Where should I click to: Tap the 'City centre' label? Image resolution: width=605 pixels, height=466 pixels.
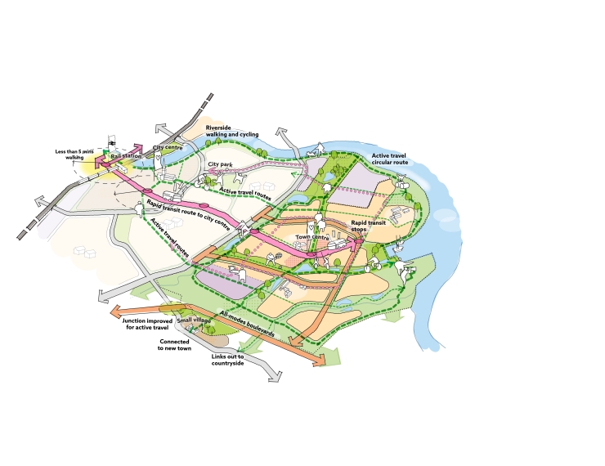point(168,147)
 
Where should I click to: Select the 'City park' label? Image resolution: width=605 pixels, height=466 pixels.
point(220,164)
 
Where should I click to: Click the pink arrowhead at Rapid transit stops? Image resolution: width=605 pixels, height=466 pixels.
point(359,242)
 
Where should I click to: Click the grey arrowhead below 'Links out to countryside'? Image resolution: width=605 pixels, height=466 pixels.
point(275,377)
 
